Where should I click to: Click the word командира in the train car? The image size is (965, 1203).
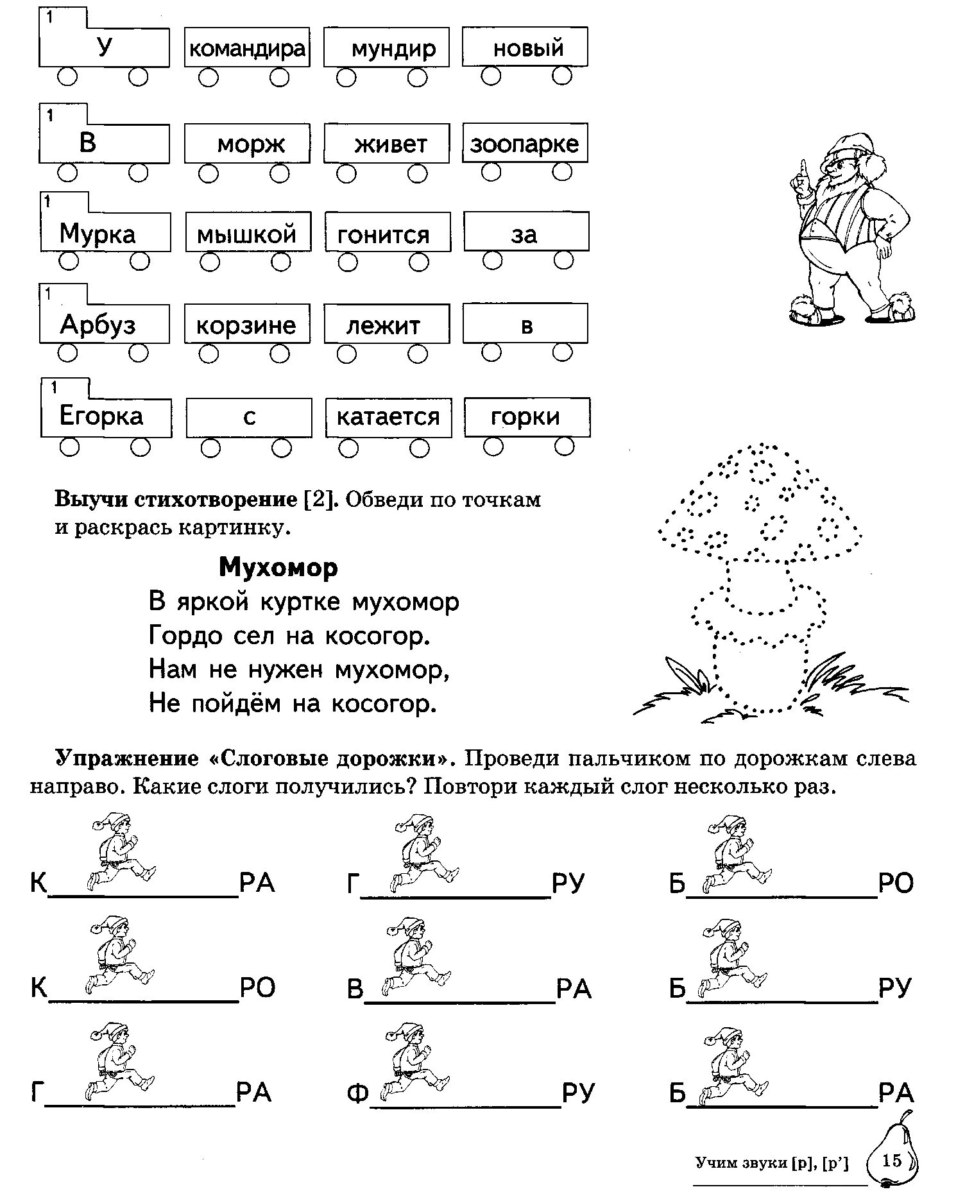[x=247, y=49]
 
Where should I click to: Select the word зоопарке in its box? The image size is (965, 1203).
[x=524, y=144]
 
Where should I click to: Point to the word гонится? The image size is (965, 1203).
[x=383, y=235]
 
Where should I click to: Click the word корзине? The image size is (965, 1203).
[x=246, y=326]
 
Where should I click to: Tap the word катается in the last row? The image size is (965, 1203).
[x=388, y=417]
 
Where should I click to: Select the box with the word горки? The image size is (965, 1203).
[x=526, y=417]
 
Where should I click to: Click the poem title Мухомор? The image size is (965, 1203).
[x=278, y=568]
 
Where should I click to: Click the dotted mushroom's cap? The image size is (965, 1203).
[x=760, y=507]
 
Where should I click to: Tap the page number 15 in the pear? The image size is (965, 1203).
[x=892, y=1161]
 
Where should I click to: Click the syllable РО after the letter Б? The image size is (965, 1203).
[x=896, y=883]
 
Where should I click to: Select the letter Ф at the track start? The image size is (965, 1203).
[x=357, y=1093]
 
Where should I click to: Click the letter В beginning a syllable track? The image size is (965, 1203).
[x=355, y=989]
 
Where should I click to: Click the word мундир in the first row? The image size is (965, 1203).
[x=393, y=49]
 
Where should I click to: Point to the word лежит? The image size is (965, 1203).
[x=383, y=326]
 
